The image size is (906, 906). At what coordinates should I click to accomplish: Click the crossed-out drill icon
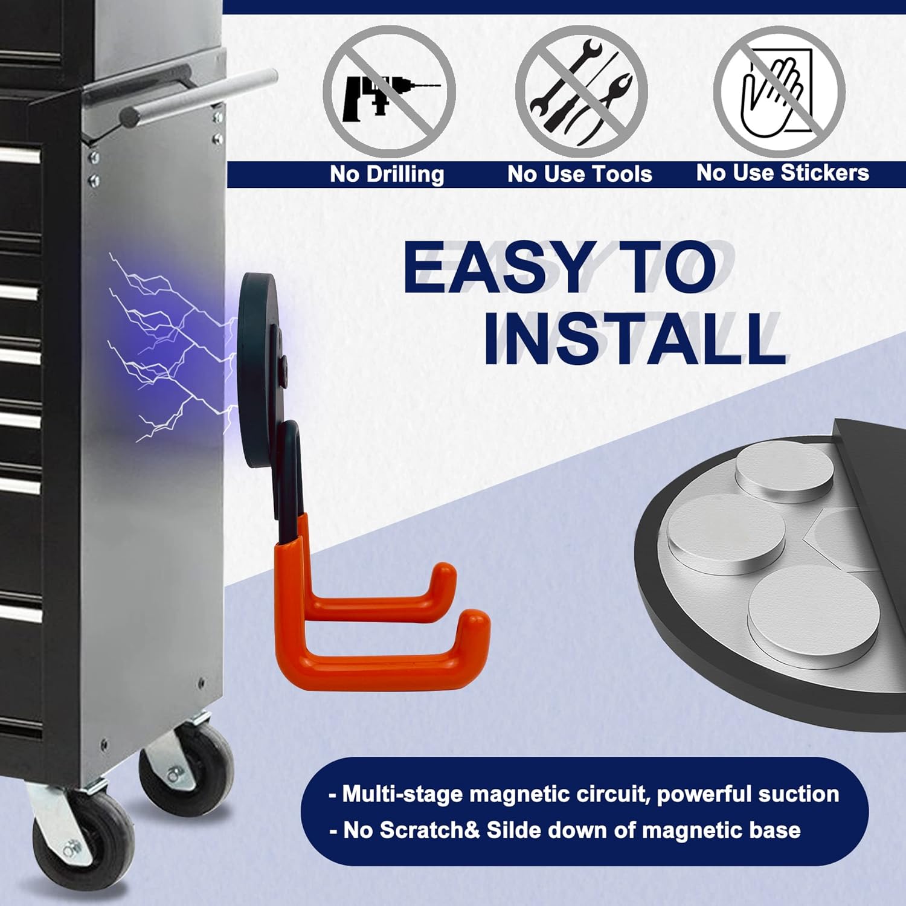click(390, 91)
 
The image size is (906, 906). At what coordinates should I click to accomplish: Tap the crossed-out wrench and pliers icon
click(581, 91)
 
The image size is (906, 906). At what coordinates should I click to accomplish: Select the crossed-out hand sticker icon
click(779, 91)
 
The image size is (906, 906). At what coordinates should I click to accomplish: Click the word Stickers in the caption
click(824, 173)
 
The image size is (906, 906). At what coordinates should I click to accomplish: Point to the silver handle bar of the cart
click(199, 97)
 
